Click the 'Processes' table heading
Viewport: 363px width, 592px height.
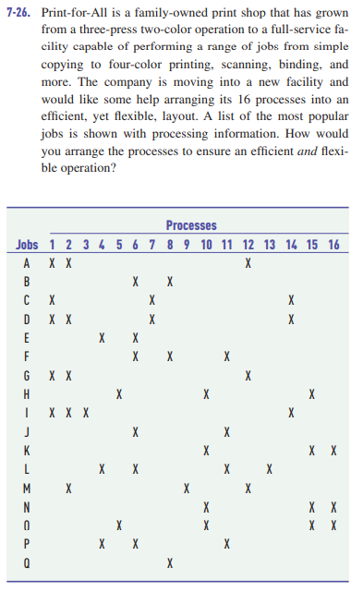(x=191, y=225)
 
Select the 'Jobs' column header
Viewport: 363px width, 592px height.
(x=27, y=244)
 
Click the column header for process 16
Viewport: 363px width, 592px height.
(x=333, y=244)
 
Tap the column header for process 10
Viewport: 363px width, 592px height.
(x=205, y=244)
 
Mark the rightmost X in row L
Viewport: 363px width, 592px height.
(x=269, y=469)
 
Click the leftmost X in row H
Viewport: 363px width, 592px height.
(x=118, y=394)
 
